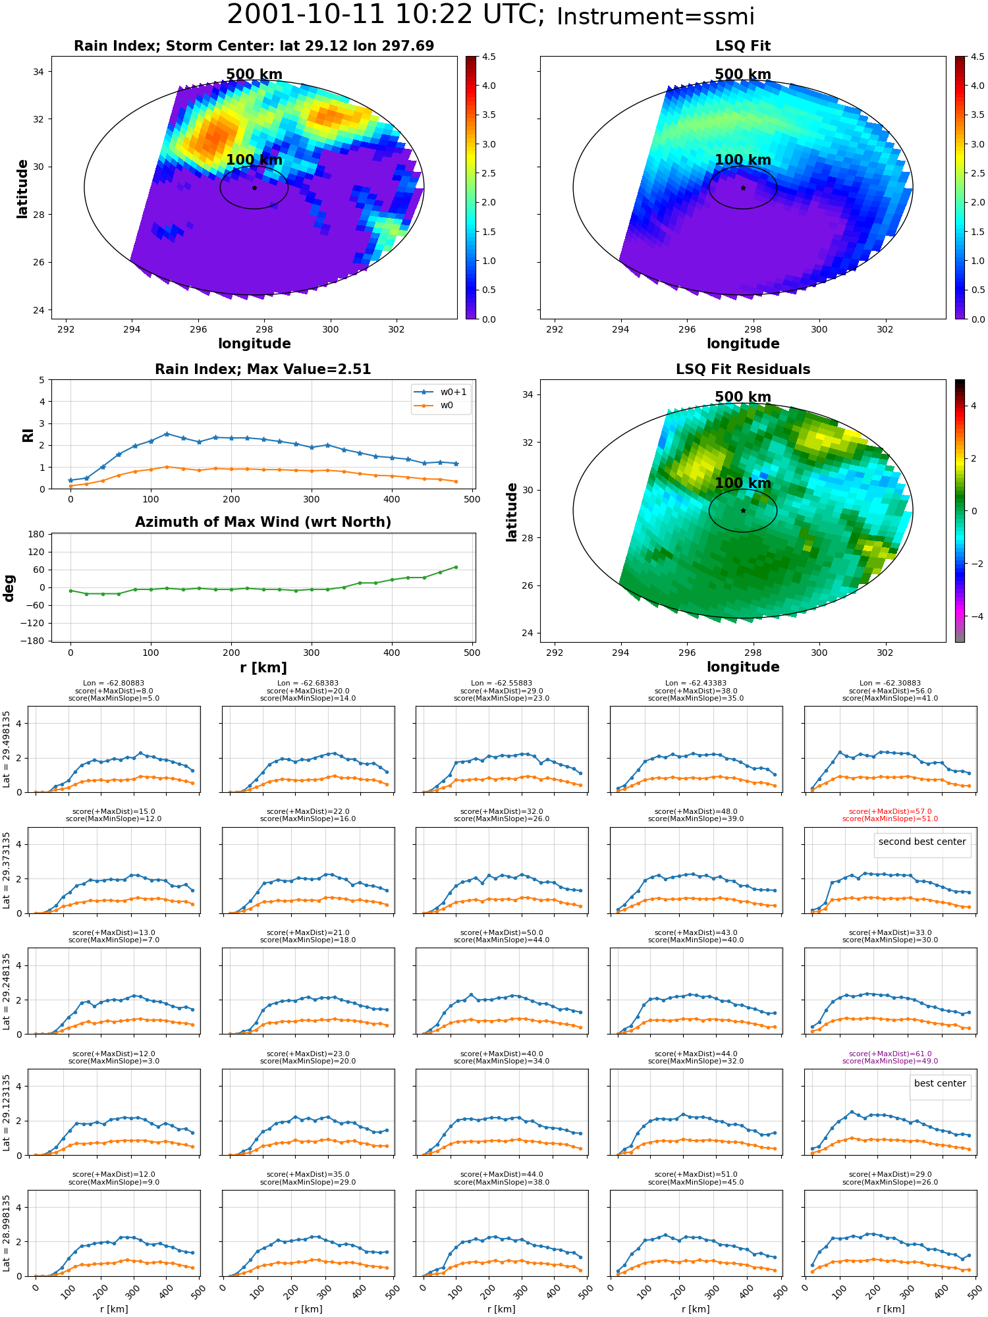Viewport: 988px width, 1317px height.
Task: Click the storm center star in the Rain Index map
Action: click(x=254, y=188)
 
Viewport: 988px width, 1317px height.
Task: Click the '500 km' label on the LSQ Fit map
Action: click(x=743, y=74)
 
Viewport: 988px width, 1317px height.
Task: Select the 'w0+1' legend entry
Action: click(x=453, y=392)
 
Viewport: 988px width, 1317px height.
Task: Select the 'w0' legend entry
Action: click(x=447, y=405)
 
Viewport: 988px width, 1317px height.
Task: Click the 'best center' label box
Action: click(x=940, y=1083)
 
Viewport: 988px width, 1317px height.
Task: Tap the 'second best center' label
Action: click(x=922, y=842)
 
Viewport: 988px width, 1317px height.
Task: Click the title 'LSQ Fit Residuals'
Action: click(x=743, y=369)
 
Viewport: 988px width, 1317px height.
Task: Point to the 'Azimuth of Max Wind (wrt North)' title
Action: click(x=263, y=522)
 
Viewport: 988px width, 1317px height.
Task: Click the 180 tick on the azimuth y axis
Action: click(x=37, y=534)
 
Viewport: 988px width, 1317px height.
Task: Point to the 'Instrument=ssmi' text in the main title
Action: click(x=655, y=16)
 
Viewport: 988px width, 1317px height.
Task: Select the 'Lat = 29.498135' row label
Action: click(x=7, y=749)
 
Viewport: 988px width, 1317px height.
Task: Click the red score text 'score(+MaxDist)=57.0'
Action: click(x=890, y=812)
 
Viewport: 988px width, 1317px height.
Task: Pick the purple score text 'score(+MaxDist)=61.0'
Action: click(x=890, y=1054)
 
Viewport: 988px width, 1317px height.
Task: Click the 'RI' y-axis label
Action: click(x=28, y=435)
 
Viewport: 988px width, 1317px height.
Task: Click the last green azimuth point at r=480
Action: click(x=456, y=567)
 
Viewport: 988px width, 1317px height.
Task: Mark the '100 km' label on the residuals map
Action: click(x=743, y=483)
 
